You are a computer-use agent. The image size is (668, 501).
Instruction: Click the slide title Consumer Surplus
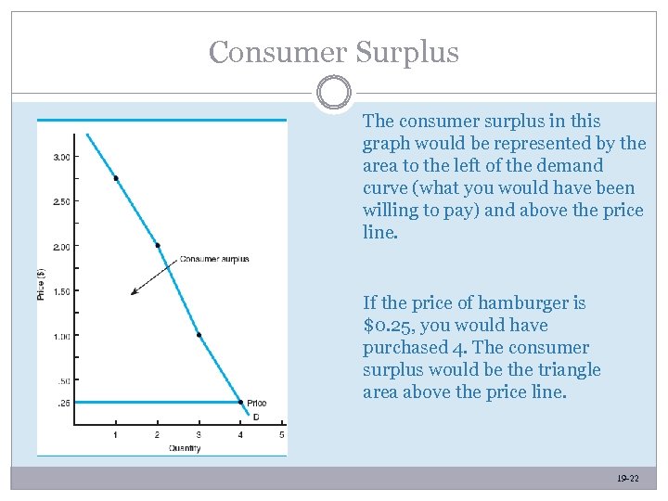(334, 52)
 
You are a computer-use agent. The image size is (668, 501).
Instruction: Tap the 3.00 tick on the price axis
(61, 157)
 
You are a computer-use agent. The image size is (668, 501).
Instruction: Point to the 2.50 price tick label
(61, 201)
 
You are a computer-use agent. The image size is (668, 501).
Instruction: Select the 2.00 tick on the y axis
(61, 246)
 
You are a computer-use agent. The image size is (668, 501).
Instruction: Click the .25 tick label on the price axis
(64, 403)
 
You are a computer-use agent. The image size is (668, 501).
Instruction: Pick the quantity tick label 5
(281, 435)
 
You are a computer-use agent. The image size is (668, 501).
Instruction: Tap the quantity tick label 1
(115, 435)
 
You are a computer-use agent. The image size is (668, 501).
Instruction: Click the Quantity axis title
(186, 448)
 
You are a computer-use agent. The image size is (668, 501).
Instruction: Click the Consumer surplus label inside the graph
(213, 259)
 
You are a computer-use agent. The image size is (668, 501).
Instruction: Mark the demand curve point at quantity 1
(116, 178)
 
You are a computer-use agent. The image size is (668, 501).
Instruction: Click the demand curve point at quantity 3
(199, 335)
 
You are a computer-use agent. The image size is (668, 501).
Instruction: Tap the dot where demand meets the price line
(239, 403)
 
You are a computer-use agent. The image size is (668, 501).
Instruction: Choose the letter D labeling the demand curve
(256, 417)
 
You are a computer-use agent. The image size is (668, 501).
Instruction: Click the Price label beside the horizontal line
(257, 403)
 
